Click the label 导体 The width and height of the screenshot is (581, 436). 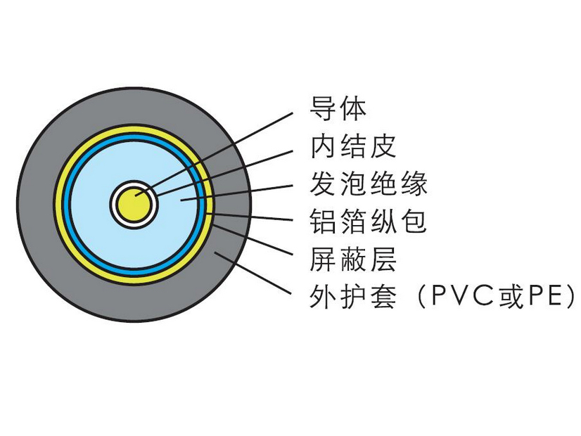338,109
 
